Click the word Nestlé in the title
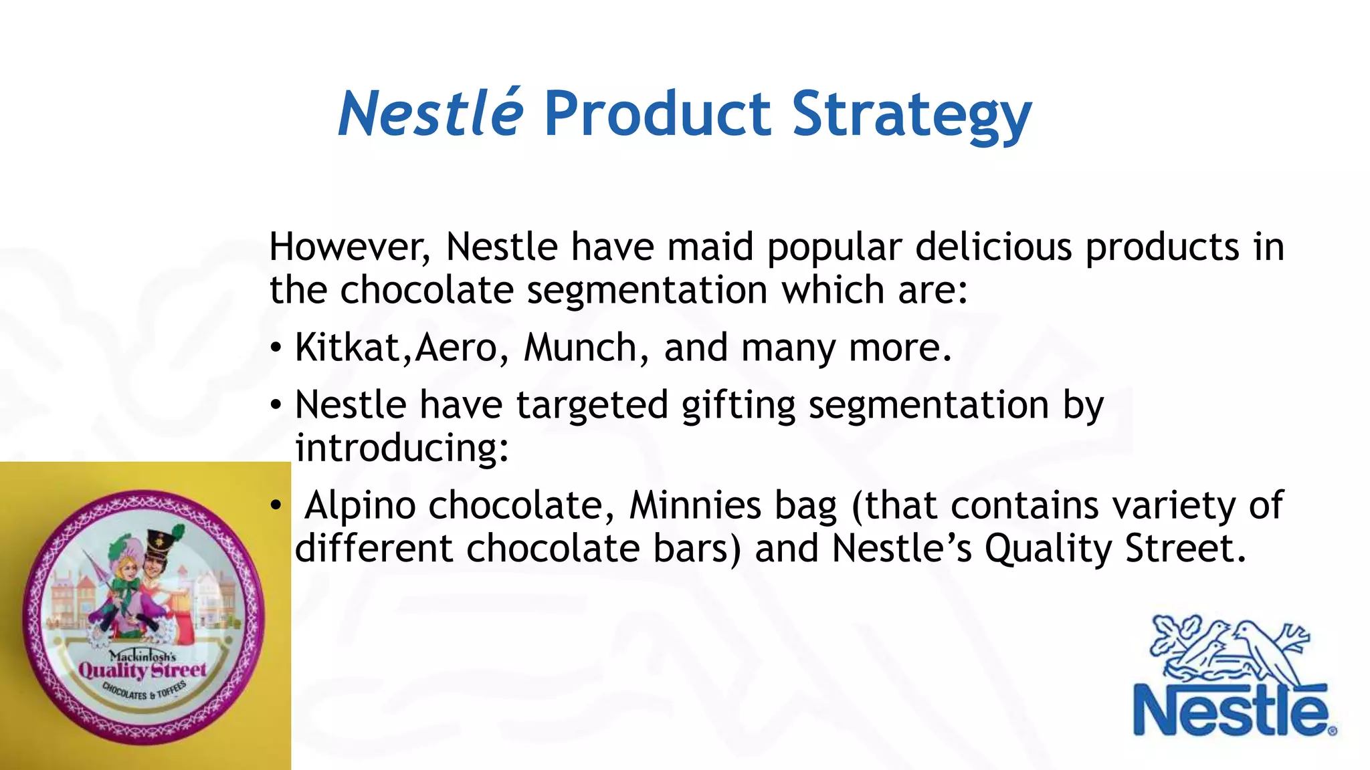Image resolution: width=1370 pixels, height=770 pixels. (x=430, y=114)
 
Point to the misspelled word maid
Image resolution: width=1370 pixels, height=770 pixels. (x=710, y=247)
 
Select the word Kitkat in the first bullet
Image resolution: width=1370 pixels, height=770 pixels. (x=347, y=348)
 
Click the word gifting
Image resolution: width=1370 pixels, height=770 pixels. (x=738, y=406)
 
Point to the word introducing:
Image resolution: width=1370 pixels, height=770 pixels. (x=402, y=448)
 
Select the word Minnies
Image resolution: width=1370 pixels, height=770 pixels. (x=695, y=505)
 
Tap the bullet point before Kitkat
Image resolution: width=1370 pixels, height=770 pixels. (x=276, y=349)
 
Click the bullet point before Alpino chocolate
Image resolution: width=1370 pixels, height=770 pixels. (x=276, y=507)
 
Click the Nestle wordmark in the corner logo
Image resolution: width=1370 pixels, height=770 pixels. (x=1231, y=711)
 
